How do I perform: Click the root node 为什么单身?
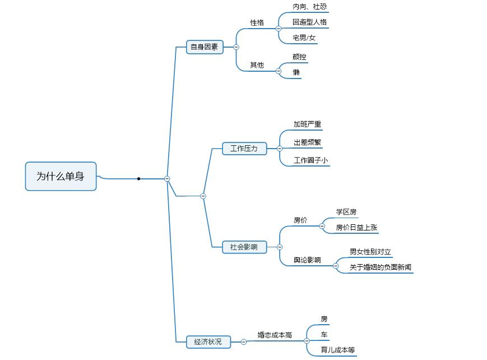(x=61, y=176)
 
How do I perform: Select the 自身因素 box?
(x=205, y=47)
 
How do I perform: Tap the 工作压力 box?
(x=244, y=149)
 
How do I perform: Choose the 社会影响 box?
(x=244, y=247)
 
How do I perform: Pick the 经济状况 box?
(x=208, y=341)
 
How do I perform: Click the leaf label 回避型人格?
(x=310, y=22)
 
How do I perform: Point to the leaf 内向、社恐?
(x=310, y=7)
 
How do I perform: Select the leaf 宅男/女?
(x=304, y=38)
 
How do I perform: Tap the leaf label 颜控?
(x=300, y=57)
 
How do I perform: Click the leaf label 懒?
(x=296, y=72)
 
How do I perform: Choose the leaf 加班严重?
(x=308, y=124)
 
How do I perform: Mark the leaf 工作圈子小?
(x=311, y=160)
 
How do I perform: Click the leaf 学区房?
(x=346, y=212)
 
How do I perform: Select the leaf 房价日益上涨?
(x=356, y=228)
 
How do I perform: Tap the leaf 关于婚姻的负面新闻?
(x=381, y=267)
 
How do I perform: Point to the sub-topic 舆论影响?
(x=307, y=260)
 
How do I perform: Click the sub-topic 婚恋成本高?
(x=275, y=335)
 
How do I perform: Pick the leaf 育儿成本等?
(x=338, y=350)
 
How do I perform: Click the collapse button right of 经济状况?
(x=244, y=341)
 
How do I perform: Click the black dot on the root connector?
(x=138, y=179)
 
